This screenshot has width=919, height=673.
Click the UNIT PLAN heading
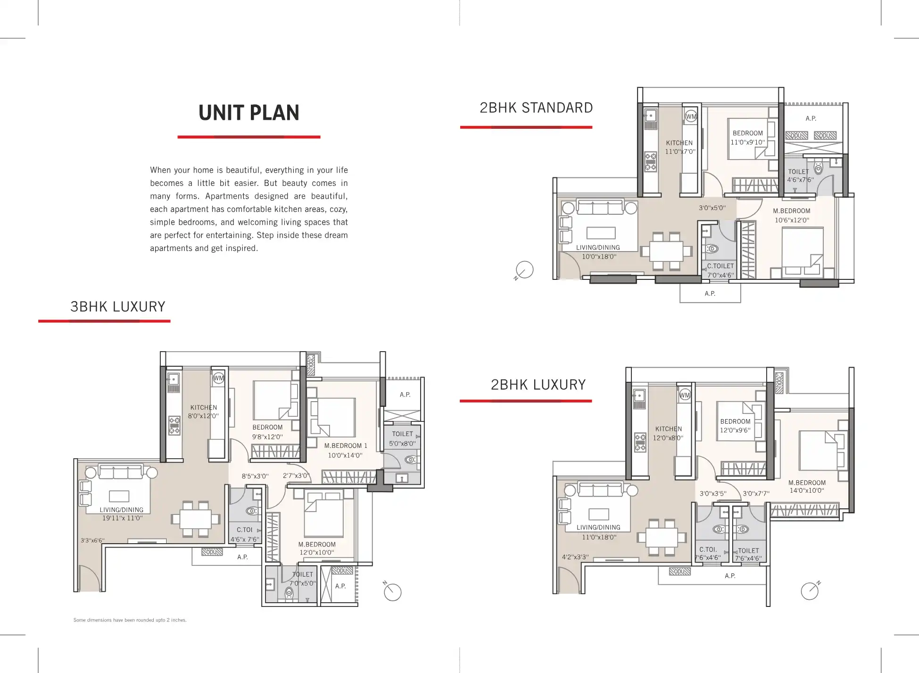(x=249, y=113)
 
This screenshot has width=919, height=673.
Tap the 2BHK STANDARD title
(x=536, y=108)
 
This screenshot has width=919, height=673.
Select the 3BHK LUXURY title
(x=118, y=307)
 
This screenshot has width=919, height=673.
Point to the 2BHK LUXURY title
(x=538, y=385)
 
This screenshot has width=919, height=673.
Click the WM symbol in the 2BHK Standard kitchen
(x=691, y=117)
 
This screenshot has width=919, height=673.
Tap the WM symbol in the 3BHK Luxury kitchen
(x=218, y=378)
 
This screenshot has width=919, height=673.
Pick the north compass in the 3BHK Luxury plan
(x=392, y=591)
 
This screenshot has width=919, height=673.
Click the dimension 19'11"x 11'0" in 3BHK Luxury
(x=122, y=518)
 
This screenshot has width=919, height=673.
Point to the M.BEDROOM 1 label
(x=346, y=446)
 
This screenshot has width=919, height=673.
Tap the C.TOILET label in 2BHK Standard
(x=720, y=266)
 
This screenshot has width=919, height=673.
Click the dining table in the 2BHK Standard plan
(x=666, y=252)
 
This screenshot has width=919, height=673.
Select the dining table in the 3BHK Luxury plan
(x=196, y=519)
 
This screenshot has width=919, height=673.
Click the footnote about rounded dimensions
(x=130, y=620)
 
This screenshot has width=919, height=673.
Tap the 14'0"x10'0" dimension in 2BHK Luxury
(x=807, y=491)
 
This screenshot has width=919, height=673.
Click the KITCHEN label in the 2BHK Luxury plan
(x=669, y=429)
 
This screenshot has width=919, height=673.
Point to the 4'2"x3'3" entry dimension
(x=575, y=557)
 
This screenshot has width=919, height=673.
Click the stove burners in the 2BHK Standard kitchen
(x=651, y=161)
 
